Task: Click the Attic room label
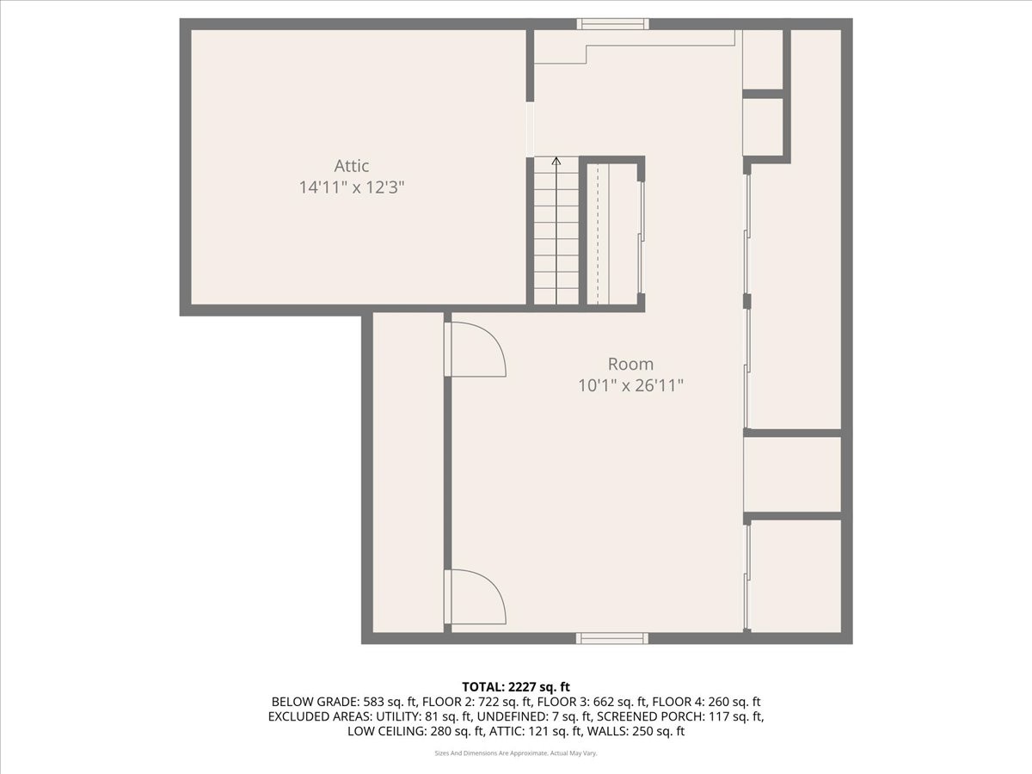tap(352, 166)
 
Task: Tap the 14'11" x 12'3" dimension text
tap(352, 187)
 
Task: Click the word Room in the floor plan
tap(630, 364)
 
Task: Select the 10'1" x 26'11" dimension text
tap(630, 385)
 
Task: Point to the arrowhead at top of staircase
tap(556, 161)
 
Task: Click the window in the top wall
tap(611, 24)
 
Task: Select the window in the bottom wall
tap(611, 638)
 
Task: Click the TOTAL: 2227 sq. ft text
tap(516, 686)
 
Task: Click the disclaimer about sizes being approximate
tap(516, 753)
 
